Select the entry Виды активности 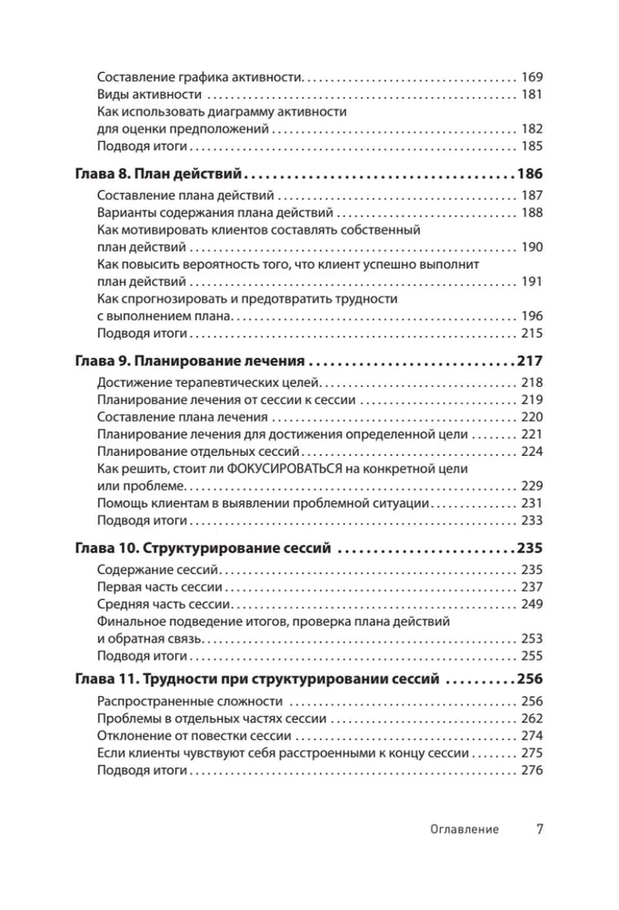coord(148,95)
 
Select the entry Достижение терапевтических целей coord(208,383)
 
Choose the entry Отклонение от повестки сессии coord(194,735)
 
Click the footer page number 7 coord(539,829)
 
